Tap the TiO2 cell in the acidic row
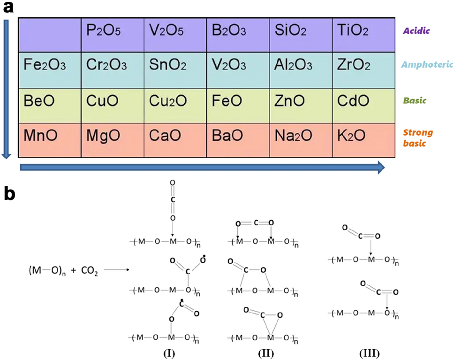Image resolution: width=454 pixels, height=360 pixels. coord(352,31)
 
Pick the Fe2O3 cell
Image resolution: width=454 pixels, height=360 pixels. coord(45,66)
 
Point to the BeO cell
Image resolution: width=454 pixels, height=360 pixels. coord(38,101)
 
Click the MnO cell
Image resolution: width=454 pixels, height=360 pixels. coord(40,136)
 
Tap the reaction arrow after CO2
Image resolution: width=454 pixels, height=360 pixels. coord(115,271)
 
